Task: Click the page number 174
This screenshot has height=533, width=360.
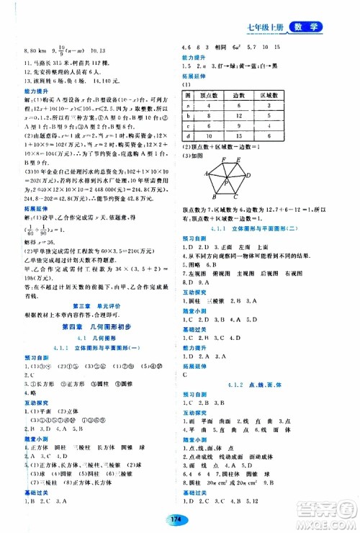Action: [x=179, y=514]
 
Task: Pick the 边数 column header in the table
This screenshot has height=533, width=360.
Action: [x=254, y=95]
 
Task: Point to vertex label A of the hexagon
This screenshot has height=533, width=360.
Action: [x=205, y=174]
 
